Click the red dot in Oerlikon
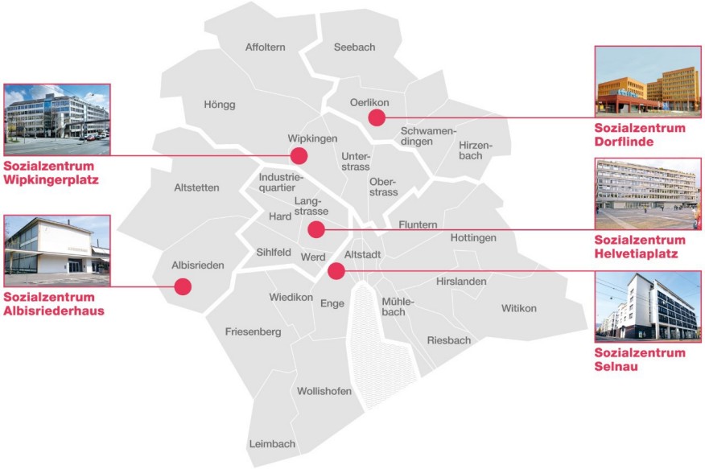tap(377, 117)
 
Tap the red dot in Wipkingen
tap(299, 155)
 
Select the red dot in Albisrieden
tap(183, 286)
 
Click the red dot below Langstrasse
tap(316, 230)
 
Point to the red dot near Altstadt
tap(336, 271)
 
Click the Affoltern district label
tap(266, 47)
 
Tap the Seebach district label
tap(354, 47)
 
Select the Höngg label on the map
tap(220, 105)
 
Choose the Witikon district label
tap(518, 308)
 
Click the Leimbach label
tap(273, 443)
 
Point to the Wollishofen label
tap(324, 391)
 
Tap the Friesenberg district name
tap(253, 331)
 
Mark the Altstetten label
tap(196, 187)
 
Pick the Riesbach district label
tap(449, 340)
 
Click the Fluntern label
tap(418, 224)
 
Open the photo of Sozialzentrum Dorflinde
tap(647, 81)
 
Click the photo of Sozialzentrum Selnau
tap(647, 306)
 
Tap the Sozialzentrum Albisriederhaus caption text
tap(54, 304)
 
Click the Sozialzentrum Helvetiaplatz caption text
tap(641, 247)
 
